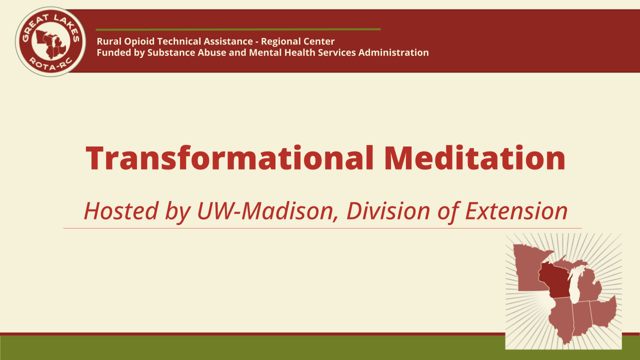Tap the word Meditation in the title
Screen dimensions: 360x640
pos(474,158)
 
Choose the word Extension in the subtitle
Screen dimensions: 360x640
pos(516,211)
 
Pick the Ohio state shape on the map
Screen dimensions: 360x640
pos(604,312)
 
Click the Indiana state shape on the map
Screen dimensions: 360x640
pos(581,318)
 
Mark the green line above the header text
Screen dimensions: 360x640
pos(238,29)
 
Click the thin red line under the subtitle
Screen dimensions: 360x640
pos(322,228)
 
